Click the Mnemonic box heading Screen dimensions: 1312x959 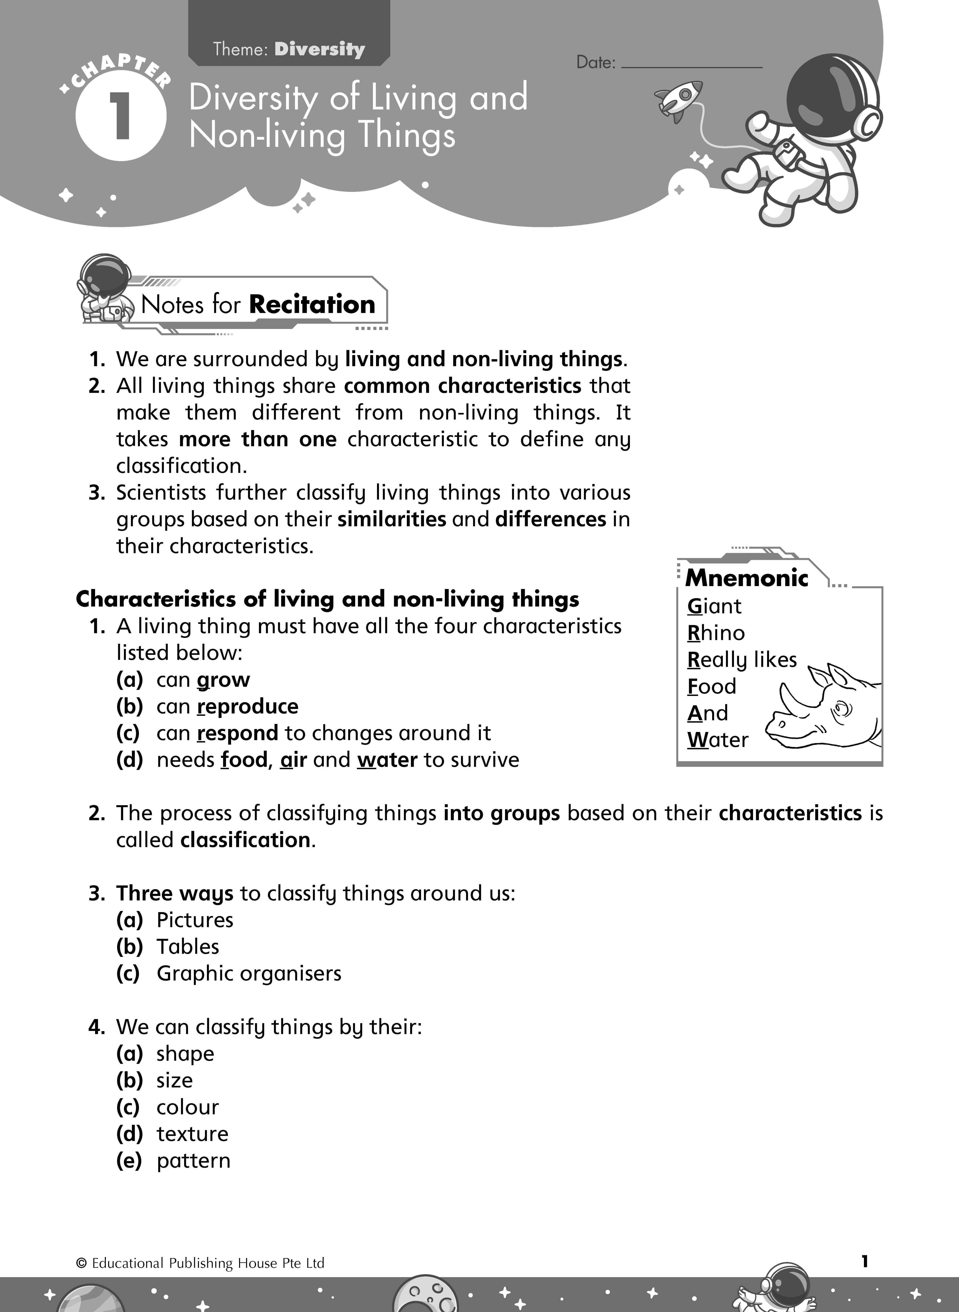(x=747, y=578)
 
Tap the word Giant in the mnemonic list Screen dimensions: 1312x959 (x=714, y=606)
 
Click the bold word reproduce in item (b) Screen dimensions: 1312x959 (x=247, y=706)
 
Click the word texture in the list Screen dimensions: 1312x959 (x=192, y=1133)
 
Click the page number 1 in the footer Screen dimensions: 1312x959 (x=864, y=1261)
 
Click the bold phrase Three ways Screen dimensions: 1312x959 (x=174, y=893)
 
